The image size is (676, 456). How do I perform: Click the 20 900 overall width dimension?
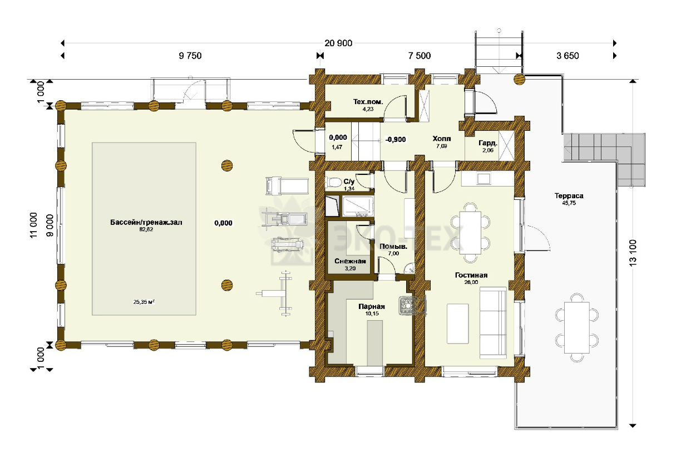[338, 43]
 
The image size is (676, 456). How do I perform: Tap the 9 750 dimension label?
[190, 56]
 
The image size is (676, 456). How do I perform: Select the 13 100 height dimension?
[633, 253]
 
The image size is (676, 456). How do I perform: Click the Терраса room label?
[569, 195]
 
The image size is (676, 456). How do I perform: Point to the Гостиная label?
[471, 275]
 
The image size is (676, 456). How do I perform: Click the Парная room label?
[372, 307]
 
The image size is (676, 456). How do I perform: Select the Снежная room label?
[350, 261]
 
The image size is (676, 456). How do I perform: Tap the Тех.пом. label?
[368, 102]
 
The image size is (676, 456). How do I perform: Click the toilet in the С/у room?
[333, 183]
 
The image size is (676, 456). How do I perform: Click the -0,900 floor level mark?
[396, 140]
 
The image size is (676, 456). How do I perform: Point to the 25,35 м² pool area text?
[144, 301]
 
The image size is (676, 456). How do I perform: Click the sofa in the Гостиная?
[493, 322]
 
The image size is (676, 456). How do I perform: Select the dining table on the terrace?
[577, 327]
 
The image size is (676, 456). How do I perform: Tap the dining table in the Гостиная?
[470, 233]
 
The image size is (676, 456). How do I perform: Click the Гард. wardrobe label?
[488, 143]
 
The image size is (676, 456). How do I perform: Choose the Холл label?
[442, 139]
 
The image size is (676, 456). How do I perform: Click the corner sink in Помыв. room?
[410, 268]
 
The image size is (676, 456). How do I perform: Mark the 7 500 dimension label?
[420, 56]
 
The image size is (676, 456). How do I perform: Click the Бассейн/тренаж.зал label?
[146, 223]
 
